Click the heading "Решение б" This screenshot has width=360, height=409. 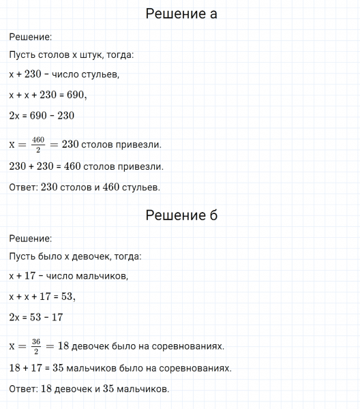click(181, 216)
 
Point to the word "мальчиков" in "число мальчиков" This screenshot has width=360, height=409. click(103, 276)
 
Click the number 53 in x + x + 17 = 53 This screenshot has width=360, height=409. click(66, 297)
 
